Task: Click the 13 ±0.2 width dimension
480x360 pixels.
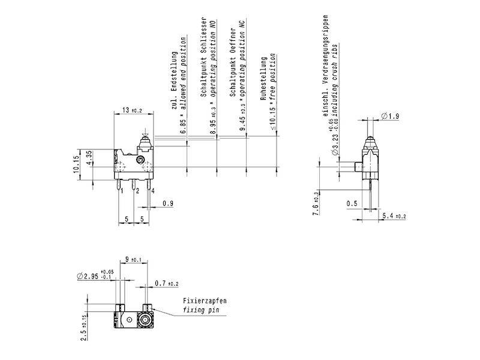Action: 132,110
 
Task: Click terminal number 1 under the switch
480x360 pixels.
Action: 122,191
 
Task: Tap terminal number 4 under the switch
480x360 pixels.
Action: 153,191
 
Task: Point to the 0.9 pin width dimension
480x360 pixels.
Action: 168,204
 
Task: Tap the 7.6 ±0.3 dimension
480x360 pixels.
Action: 316,200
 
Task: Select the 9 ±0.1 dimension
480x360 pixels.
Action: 133,260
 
